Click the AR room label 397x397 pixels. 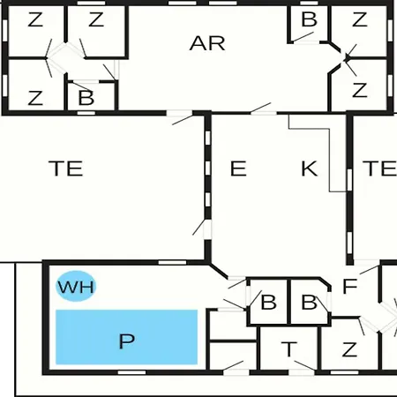(207, 43)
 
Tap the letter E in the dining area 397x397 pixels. (238, 169)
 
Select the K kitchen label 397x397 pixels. (310, 169)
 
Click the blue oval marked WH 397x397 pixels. (76, 286)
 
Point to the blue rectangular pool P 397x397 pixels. (126, 337)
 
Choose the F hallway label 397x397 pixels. (350, 286)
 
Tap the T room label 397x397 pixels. (289, 349)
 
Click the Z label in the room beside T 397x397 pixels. (349, 349)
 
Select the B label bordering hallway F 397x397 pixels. (310, 302)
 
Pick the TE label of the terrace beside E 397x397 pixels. (66, 169)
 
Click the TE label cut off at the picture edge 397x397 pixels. (380, 169)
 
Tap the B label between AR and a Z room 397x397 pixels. (310, 19)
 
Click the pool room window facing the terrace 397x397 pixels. (172, 262)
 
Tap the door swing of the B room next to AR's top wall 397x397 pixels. (303, 37)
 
